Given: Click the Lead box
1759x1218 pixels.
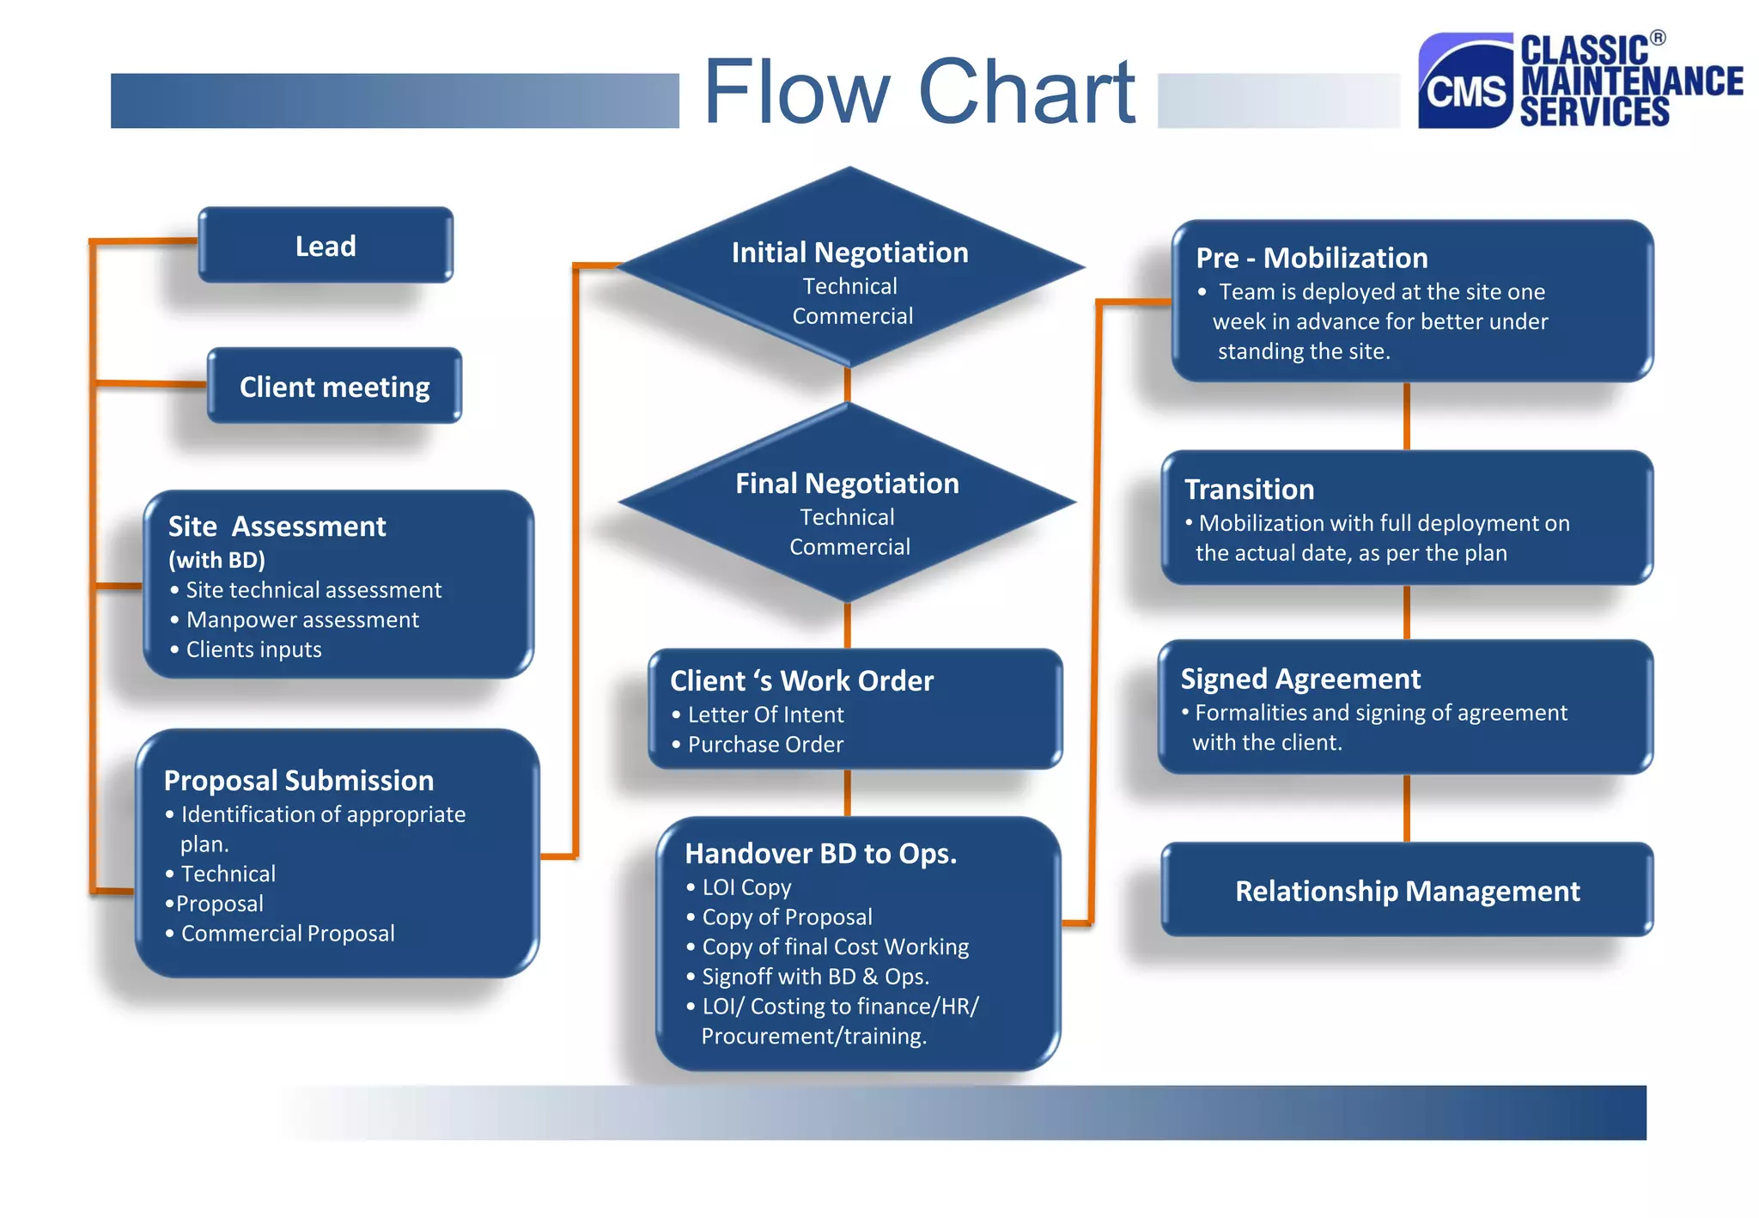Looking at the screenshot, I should (x=326, y=246).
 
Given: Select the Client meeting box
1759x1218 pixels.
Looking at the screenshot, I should (x=334, y=387).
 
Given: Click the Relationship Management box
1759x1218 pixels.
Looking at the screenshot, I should (x=1406, y=891).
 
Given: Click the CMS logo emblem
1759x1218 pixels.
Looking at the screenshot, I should (x=1465, y=82).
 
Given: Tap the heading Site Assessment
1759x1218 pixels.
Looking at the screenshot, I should (x=277, y=526).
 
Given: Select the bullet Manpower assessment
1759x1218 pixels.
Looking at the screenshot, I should (x=302, y=619).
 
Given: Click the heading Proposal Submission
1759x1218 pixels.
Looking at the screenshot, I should (x=298, y=780).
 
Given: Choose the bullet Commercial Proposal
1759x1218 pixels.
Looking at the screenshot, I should (x=288, y=933).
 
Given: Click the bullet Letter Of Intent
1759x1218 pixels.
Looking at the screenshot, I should (x=765, y=715).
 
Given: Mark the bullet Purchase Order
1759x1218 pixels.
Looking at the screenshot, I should (x=765, y=744).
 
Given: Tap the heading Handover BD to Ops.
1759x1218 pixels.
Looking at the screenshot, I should (x=820, y=853).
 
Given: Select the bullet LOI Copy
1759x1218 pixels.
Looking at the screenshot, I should (x=746, y=887).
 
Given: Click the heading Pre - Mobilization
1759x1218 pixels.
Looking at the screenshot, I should (x=1312, y=258).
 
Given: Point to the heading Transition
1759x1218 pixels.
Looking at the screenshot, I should (x=1249, y=489).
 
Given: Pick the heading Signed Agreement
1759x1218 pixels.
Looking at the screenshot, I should (x=1300, y=679).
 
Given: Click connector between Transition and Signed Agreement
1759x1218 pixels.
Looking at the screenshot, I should (x=1406, y=612).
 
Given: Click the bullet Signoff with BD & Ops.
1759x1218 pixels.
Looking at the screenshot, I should (x=815, y=977).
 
